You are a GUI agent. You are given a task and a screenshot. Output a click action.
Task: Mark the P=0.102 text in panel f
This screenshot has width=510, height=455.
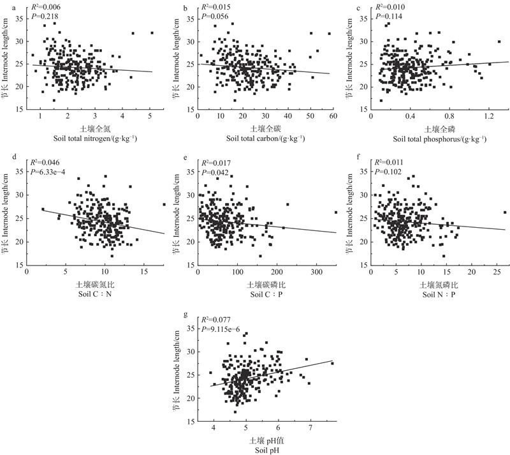point(388,171)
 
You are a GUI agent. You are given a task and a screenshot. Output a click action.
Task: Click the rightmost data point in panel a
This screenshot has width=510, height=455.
point(152,33)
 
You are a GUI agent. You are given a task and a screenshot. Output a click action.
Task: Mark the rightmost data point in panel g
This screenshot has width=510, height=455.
point(332,364)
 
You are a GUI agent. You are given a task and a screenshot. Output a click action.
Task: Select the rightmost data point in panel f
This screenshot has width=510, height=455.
point(505,213)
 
